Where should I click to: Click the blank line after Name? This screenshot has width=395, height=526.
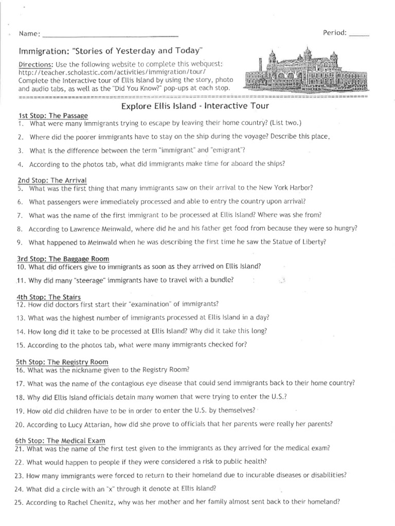(110, 35)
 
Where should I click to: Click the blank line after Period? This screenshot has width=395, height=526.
(358, 34)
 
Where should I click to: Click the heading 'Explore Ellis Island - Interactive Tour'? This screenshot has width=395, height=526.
(195, 106)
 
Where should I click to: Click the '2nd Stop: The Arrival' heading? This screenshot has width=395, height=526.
(51, 180)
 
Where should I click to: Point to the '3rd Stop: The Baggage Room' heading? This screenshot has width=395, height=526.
(62, 258)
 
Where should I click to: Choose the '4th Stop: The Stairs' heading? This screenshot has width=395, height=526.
(48, 297)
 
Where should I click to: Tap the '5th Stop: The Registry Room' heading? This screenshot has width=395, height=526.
(62, 362)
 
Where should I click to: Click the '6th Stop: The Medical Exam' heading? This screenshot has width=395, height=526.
(61, 440)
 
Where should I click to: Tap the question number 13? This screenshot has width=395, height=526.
(21, 317)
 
